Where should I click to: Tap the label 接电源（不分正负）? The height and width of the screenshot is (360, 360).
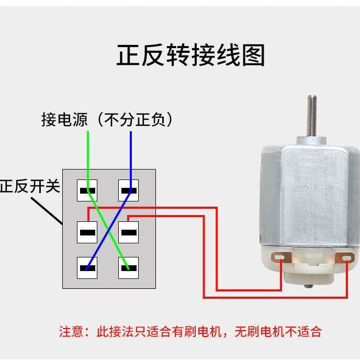pyautogui.click(x=107, y=120)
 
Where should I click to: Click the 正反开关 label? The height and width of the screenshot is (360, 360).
pyautogui.click(x=30, y=186)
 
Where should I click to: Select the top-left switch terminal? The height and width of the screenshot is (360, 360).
pyautogui.click(x=87, y=190)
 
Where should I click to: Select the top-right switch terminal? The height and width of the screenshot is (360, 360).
pyautogui.click(x=128, y=190)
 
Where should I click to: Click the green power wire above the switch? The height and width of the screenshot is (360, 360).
pyautogui.click(x=88, y=152)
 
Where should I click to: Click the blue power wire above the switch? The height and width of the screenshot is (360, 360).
pyautogui.click(x=131, y=152)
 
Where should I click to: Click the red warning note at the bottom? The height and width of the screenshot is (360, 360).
pyautogui.click(x=190, y=331)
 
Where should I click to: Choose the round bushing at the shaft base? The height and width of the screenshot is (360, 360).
pyautogui.click(x=312, y=140)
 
